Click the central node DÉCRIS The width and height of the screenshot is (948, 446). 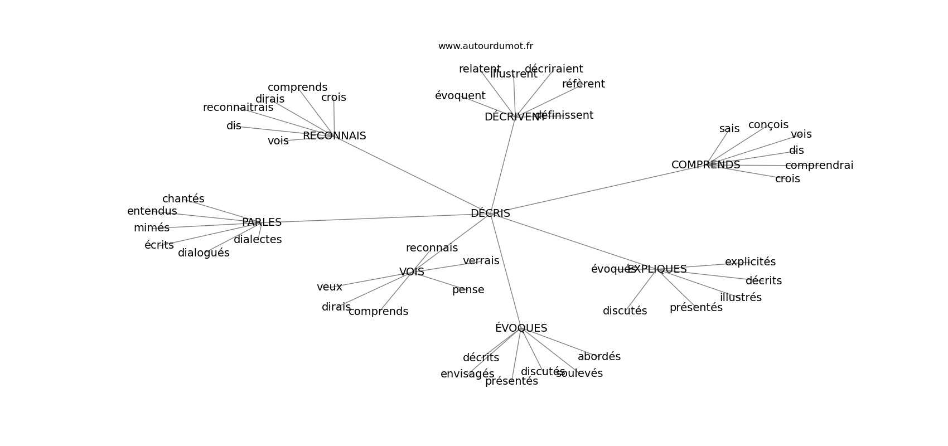click(490, 214)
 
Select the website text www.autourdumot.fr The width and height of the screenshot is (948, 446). click(485, 46)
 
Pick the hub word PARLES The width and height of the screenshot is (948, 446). click(262, 222)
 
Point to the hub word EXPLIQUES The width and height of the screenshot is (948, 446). click(657, 269)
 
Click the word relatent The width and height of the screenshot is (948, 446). click(480, 69)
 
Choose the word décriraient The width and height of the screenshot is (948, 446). click(554, 69)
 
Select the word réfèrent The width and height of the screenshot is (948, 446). click(583, 84)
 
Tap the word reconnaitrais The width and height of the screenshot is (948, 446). click(238, 108)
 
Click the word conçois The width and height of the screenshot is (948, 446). click(768, 125)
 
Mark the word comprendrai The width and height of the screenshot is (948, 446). click(819, 166)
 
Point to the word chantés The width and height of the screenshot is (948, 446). click(183, 199)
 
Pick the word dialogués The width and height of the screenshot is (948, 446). click(204, 253)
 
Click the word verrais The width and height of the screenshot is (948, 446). click(481, 261)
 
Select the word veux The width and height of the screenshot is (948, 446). click(330, 287)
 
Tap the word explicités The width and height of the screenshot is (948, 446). click(750, 262)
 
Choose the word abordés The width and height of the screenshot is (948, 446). click(599, 357)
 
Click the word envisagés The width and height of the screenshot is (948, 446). click(467, 374)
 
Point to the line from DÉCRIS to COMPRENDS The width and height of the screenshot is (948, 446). click(597, 190)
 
